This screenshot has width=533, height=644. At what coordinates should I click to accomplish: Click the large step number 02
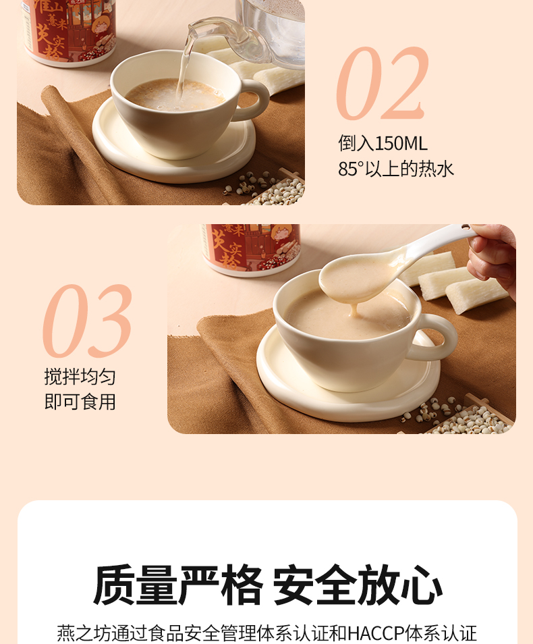[x=383, y=83]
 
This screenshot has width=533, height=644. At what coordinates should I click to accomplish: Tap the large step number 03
[x=88, y=321]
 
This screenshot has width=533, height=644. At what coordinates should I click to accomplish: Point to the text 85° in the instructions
[x=351, y=169]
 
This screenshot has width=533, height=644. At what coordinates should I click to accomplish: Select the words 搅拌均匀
[x=80, y=376]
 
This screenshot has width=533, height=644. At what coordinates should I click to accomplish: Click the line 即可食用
[x=80, y=402]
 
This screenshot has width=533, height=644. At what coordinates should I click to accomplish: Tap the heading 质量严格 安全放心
[x=267, y=585]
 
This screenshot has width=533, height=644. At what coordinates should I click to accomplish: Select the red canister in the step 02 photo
[x=67, y=32]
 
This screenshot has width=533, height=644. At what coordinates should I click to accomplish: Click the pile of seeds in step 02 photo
[x=267, y=188]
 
